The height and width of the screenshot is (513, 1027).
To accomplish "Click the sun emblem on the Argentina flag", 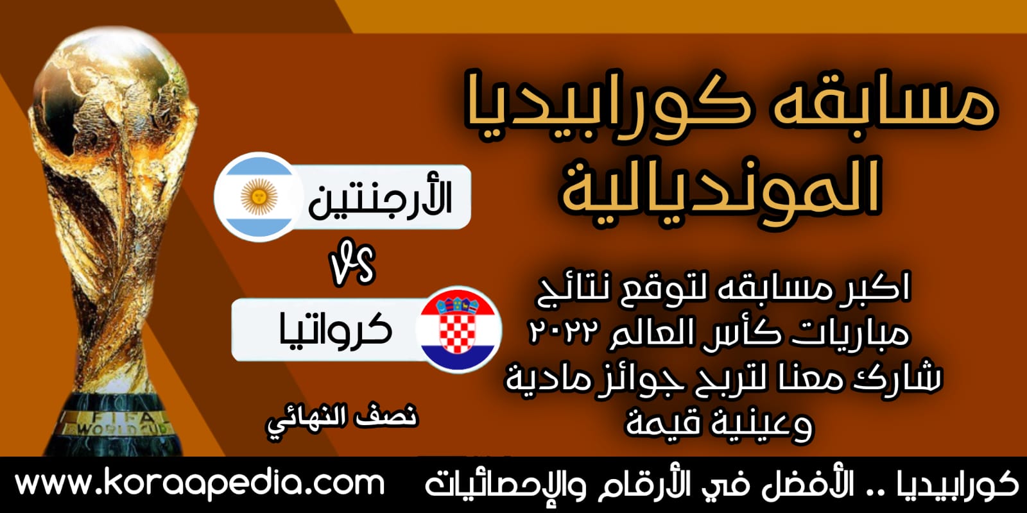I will coord(257,196).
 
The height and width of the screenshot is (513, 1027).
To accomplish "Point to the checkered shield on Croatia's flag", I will coord(457,331).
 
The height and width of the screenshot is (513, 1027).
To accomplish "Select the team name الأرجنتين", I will coord(380,198).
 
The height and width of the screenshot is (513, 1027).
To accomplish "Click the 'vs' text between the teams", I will coord(352,265).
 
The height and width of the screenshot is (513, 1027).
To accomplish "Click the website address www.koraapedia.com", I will coord(200,484).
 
